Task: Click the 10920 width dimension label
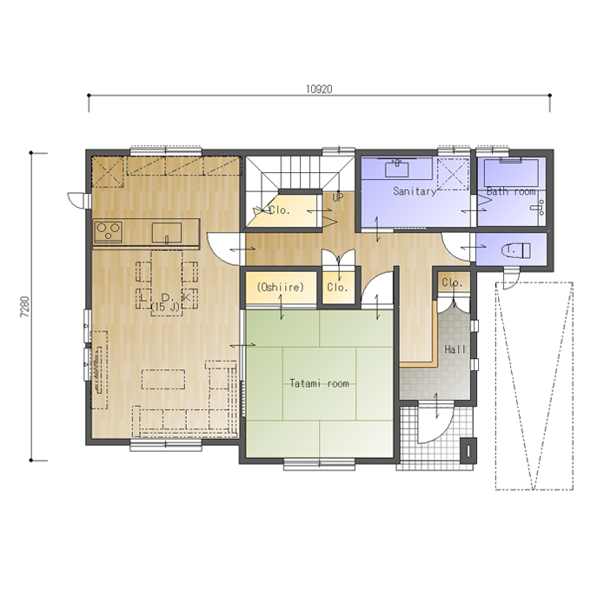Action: click(319, 90)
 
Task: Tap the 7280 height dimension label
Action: click(25, 306)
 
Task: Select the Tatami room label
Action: click(319, 383)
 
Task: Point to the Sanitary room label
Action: click(415, 191)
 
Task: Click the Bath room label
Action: click(511, 191)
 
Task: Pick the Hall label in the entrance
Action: click(455, 349)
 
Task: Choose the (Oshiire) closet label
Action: click(280, 287)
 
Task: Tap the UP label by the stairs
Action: click(338, 197)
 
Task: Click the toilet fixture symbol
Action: click(516, 250)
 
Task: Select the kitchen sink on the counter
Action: click(167, 233)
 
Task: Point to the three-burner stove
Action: click(109, 231)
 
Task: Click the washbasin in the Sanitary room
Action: click(397, 168)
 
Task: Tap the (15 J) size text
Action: click(165, 307)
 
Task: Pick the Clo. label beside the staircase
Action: click(279, 210)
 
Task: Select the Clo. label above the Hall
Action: click(452, 282)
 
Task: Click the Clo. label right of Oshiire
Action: click(337, 288)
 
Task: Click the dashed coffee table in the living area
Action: click(163, 379)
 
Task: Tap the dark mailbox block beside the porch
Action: click(468, 450)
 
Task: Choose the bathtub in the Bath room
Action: click(511, 173)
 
